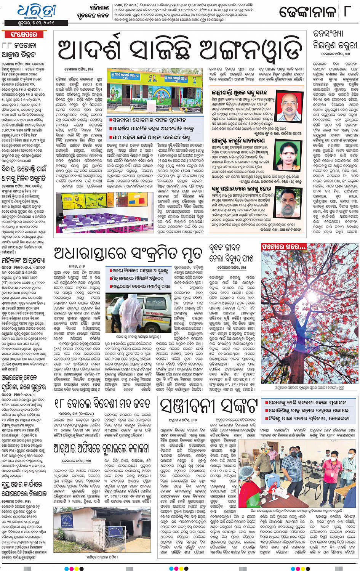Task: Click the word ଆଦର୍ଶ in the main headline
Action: [x=89, y=50]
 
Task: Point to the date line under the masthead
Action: [x=38, y=23]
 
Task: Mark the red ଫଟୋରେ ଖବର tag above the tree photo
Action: [x=284, y=247]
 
